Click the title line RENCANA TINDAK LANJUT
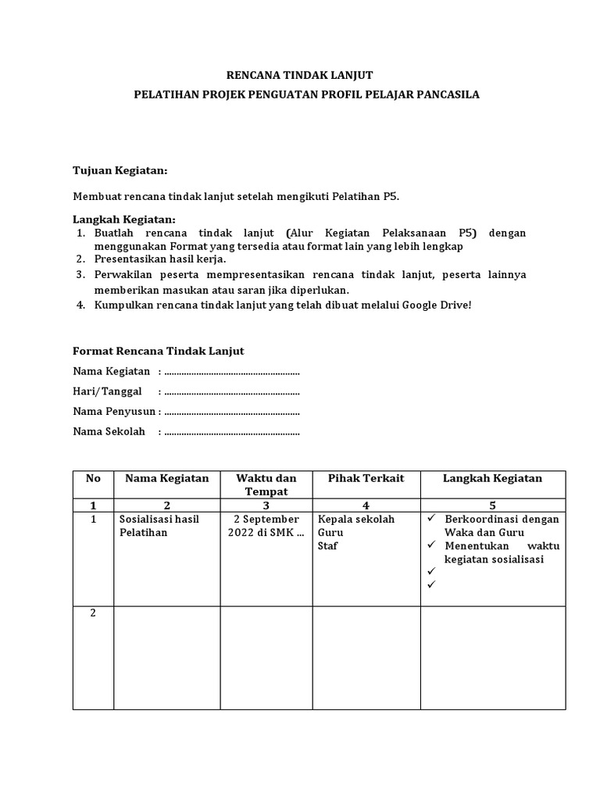point(299,75)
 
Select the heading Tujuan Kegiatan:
point(120,170)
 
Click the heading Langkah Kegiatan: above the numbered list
point(124,219)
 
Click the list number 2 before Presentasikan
point(80,259)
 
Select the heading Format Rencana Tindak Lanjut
point(159,352)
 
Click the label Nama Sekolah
point(109,431)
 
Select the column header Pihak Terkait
point(366,478)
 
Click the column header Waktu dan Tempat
point(266,484)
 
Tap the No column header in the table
point(93,478)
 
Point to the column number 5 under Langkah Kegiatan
point(493,505)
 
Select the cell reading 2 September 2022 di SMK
point(266,526)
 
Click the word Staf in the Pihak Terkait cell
point(327,546)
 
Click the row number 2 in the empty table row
point(93,613)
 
